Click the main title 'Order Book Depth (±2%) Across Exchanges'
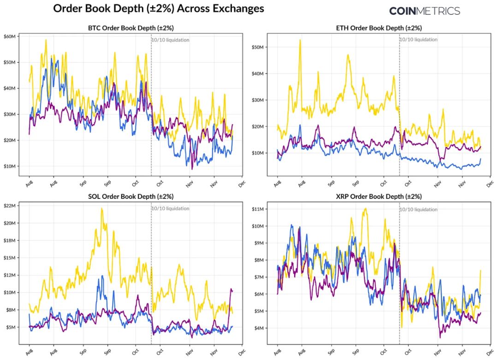[x=159, y=8]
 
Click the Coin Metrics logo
[x=424, y=11]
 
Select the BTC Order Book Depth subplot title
[x=131, y=28]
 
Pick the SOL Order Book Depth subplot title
[x=131, y=197]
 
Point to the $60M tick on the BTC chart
[x=10, y=36]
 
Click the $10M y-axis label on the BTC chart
[x=10, y=166]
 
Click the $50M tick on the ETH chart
[x=258, y=47]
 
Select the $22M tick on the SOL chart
[x=10, y=205]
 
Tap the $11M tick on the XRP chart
[x=258, y=209]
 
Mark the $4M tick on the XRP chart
[x=259, y=328]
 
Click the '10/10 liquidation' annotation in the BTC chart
[x=171, y=40]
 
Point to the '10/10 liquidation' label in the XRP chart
[x=419, y=209]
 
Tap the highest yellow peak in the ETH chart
[x=300, y=40]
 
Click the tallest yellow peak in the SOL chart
[x=101, y=209]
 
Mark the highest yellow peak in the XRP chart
[x=365, y=209]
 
